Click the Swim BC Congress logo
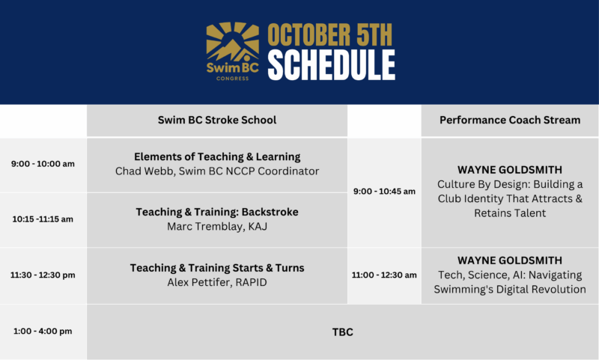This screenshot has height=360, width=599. [233, 51]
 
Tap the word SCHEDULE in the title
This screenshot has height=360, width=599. [332, 65]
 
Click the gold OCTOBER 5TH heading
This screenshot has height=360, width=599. [330, 35]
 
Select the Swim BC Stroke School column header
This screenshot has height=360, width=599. [217, 120]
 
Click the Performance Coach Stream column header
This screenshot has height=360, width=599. [510, 120]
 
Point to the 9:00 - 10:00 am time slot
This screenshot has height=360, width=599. [43, 164]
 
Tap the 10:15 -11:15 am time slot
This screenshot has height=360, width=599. [43, 219]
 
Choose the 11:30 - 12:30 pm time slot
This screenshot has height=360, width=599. [43, 275]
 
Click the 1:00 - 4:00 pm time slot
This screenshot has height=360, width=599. [43, 331]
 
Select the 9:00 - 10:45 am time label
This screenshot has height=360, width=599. [384, 192]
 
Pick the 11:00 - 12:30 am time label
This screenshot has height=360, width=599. [384, 275]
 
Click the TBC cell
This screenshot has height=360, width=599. [343, 332]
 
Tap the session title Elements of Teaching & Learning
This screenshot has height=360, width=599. [217, 156]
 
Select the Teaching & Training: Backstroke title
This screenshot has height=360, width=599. [217, 212]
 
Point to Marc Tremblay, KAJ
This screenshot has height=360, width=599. [217, 226]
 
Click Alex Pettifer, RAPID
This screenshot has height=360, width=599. [217, 282]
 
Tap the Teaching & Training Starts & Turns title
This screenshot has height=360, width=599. [217, 268]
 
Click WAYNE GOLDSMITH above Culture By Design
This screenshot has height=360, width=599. [510, 169]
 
